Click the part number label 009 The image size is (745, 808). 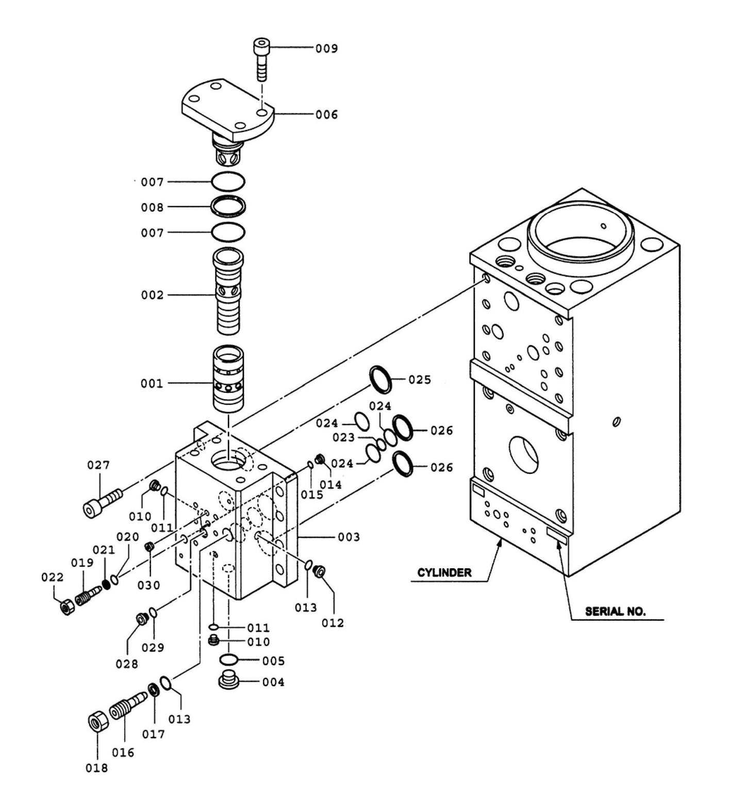click(x=327, y=48)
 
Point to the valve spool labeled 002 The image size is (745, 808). click(x=227, y=292)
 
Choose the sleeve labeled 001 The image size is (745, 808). click(x=227, y=379)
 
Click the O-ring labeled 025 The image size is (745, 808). click(x=381, y=380)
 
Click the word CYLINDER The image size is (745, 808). click(x=444, y=572)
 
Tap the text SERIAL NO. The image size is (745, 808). click(x=615, y=612)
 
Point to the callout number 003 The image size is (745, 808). click(x=349, y=537)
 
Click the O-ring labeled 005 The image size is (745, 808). click(x=228, y=659)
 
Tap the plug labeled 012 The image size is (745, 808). click(x=319, y=570)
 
